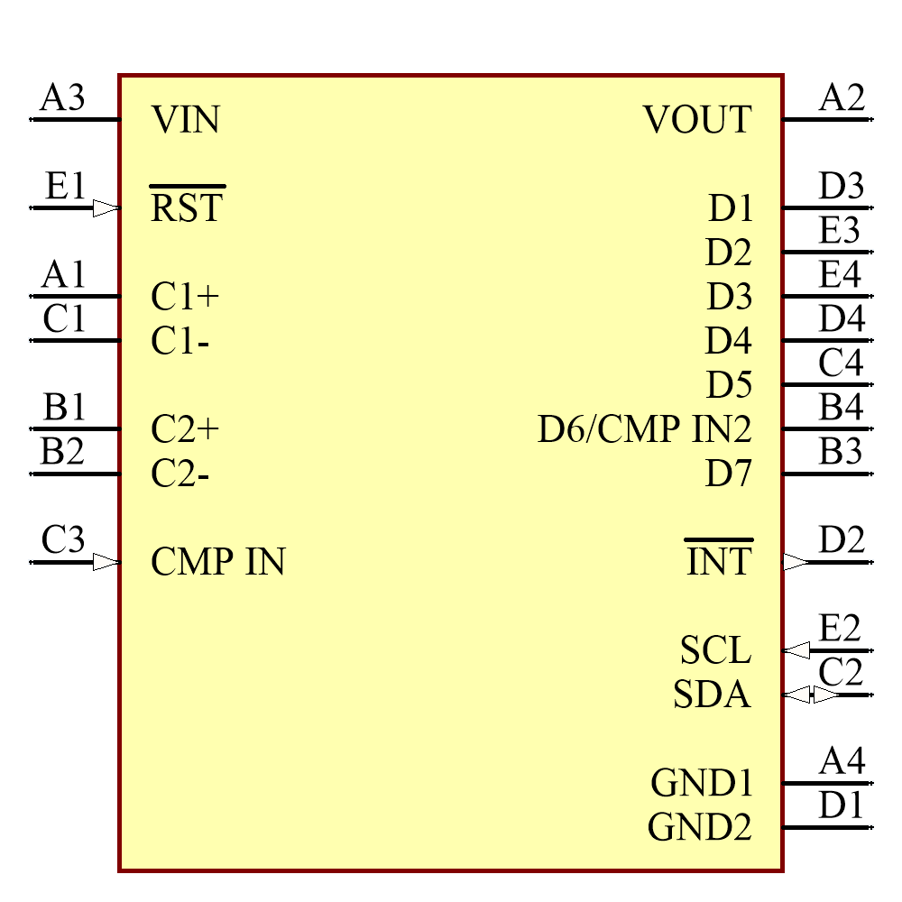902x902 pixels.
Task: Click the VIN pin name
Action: pos(185,120)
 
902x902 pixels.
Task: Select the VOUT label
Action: pos(697,120)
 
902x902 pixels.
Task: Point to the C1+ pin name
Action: pos(185,297)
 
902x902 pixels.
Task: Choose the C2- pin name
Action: pos(180,474)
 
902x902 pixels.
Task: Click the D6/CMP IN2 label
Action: pos(644,429)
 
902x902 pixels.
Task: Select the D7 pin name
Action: pos(728,474)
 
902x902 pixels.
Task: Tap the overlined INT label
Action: pos(718,562)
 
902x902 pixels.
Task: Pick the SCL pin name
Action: pos(715,650)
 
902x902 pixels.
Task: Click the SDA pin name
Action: pos(712,695)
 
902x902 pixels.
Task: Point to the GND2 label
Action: pos(699,827)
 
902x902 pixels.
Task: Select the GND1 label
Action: pos(701,783)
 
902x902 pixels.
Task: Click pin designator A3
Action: pos(62,97)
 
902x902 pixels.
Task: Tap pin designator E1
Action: pos(66,187)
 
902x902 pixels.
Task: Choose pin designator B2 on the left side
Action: pos(62,451)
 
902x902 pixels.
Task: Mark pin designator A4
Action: pos(842,761)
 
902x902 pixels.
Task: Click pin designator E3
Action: pos(839,231)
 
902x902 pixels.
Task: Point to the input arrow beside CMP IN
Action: pos(106,562)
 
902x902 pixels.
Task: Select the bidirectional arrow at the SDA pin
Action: pos(812,695)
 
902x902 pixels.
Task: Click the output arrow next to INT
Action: pos(796,562)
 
